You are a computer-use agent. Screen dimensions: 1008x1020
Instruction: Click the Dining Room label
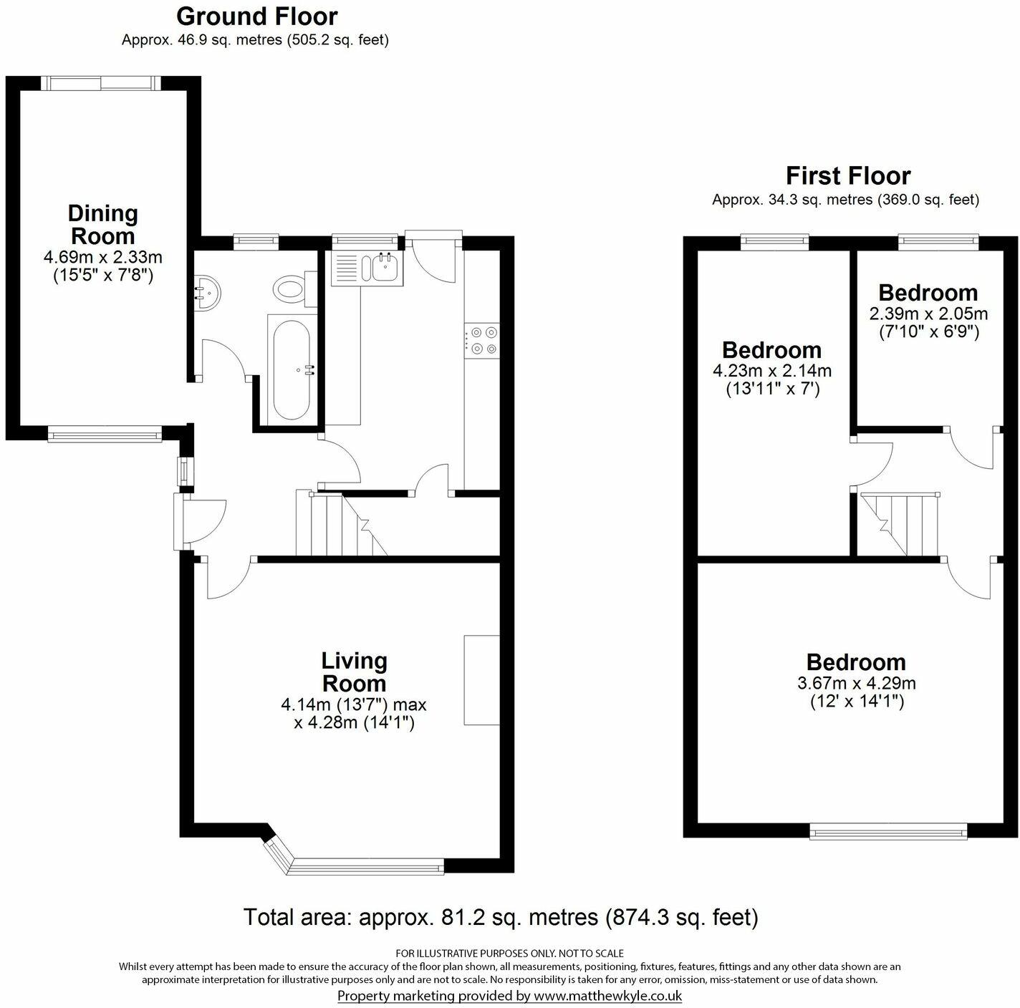pos(102,224)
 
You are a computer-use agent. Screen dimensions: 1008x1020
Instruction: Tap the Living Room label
pos(354,671)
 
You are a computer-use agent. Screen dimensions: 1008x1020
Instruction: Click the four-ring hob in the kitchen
pos(482,340)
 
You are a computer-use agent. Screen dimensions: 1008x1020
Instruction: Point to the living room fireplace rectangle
pos(481,679)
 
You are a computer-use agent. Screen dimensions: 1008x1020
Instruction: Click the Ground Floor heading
pos(256,16)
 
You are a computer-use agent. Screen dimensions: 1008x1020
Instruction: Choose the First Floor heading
pos(847,175)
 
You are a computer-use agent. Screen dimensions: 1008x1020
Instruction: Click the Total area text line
pos(500,916)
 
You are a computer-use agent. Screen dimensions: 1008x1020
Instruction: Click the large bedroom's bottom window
pos(888,830)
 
